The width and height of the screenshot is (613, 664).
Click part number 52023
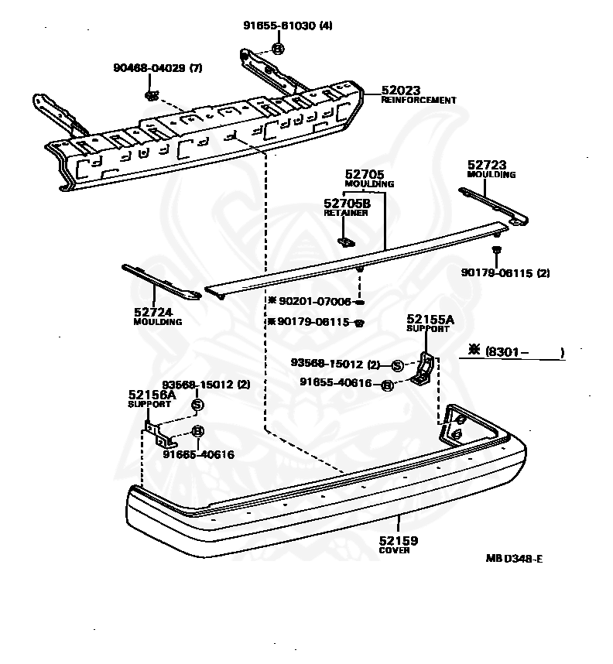tap(401, 91)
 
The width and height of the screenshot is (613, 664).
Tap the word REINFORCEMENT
tap(419, 101)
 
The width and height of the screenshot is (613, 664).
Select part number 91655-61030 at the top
tap(279, 26)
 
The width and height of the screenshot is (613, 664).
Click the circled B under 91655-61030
tap(278, 49)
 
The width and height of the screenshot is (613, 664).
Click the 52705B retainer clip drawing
tap(346, 241)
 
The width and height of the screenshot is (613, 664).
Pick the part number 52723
tap(487, 165)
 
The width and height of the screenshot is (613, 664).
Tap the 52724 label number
tap(153, 312)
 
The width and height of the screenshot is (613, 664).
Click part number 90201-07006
tap(315, 301)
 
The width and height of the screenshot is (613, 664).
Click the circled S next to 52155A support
tap(397, 365)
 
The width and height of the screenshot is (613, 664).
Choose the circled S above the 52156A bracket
tap(197, 405)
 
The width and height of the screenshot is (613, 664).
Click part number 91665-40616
tap(199, 454)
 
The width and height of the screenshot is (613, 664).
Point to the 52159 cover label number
tap(398, 541)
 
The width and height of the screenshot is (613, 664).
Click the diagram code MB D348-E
tap(514, 559)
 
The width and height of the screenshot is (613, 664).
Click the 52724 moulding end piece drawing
tap(161, 282)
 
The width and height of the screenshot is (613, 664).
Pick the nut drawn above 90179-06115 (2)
tap(496, 249)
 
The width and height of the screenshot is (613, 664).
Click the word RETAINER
tap(346, 213)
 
